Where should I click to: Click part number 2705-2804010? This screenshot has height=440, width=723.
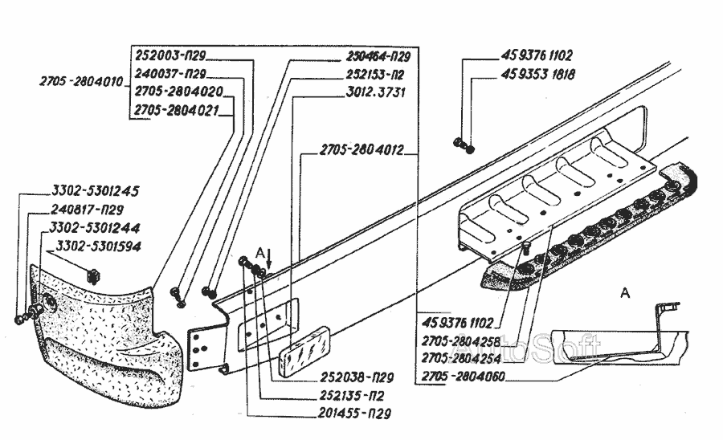click(x=81, y=82)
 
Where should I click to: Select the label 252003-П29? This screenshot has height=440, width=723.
click(x=170, y=55)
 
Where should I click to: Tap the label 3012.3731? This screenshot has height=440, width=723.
click(x=376, y=92)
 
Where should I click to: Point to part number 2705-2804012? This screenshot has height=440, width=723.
click(x=361, y=149)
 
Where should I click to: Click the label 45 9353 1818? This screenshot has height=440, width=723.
click(x=537, y=74)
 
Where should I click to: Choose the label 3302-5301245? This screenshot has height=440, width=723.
click(x=96, y=191)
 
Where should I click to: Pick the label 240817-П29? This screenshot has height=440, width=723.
click(x=87, y=210)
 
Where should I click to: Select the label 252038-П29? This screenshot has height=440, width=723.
click(x=357, y=377)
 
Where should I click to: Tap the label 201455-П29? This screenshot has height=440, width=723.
click(x=354, y=414)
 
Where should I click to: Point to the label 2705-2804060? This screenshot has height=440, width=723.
click(x=464, y=377)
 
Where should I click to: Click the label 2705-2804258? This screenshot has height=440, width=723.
click(x=460, y=341)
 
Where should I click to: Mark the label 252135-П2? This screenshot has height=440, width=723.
click(x=352, y=396)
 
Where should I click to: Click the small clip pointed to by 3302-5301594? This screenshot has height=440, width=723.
click(x=94, y=275)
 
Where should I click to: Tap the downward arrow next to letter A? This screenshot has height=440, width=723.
click(x=270, y=260)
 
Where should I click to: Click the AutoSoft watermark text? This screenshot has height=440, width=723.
click(x=530, y=346)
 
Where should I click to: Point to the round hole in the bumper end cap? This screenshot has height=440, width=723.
click(x=49, y=304)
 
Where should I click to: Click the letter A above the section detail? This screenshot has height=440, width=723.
click(x=625, y=292)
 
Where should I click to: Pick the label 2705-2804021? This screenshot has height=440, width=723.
click(x=176, y=111)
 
